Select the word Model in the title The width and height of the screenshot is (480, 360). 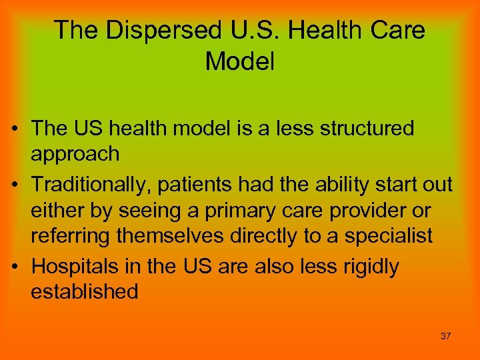[240, 61]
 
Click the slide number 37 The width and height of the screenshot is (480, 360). [446, 336]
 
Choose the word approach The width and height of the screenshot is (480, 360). [75, 155]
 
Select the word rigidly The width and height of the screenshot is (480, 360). [370, 267]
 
